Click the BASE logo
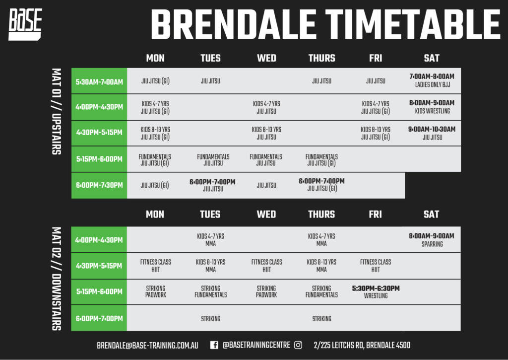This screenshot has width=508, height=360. [x=25, y=24]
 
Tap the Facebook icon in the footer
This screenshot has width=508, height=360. [x=214, y=345]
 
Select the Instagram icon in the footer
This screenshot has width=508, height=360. [x=298, y=345]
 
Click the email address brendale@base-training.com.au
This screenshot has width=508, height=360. [x=147, y=346]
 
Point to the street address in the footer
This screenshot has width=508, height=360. [x=362, y=345]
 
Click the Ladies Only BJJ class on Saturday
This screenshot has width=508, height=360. [x=432, y=80]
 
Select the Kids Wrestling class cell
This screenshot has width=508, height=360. [x=432, y=107]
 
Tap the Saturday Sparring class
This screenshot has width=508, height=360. [x=432, y=240]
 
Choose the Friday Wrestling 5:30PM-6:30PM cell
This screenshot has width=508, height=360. [x=376, y=291]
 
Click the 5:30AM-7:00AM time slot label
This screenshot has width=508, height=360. [x=99, y=82]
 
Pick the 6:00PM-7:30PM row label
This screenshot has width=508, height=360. [x=99, y=185]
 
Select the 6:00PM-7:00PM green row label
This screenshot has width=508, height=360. [x=99, y=318]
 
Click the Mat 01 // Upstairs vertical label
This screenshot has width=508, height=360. [x=57, y=111]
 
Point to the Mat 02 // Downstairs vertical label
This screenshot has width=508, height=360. [x=57, y=279]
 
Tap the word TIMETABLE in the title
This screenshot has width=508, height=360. [x=413, y=24]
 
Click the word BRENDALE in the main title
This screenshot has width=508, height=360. [x=233, y=24]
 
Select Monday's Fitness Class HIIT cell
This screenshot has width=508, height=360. [x=155, y=266]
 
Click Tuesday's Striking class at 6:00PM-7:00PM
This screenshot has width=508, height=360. [x=210, y=318]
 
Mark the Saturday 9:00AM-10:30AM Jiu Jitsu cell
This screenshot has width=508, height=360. [x=432, y=133]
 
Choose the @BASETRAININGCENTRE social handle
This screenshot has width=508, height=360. [x=256, y=345]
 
